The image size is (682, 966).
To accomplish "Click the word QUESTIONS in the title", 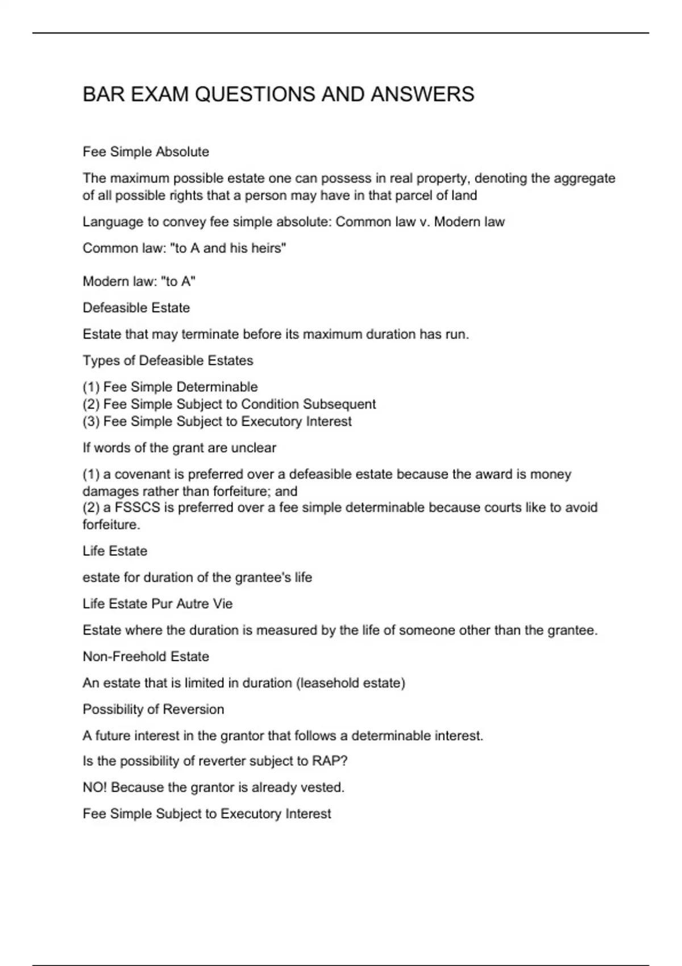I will click(x=256, y=94).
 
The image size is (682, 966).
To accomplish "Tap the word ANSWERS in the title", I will click(x=422, y=94).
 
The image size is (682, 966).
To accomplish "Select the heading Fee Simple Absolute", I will click(x=145, y=152).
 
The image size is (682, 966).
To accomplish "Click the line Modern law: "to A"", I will click(x=139, y=281).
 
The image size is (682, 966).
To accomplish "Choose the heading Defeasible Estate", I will click(x=136, y=307).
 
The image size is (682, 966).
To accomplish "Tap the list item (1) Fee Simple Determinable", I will click(x=170, y=387).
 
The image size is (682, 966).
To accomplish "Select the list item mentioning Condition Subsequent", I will click(x=229, y=404).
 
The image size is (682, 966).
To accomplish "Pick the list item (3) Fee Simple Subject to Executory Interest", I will click(x=217, y=421).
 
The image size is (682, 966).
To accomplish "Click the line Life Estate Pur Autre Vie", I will click(x=157, y=603).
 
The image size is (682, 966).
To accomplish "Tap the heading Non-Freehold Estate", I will click(x=145, y=656).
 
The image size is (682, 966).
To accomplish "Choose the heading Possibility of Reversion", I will click(x=153, y=709).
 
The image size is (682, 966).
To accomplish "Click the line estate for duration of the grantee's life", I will click(x=197, y=577).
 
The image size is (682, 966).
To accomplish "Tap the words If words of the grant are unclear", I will click(x=179, y=448).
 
